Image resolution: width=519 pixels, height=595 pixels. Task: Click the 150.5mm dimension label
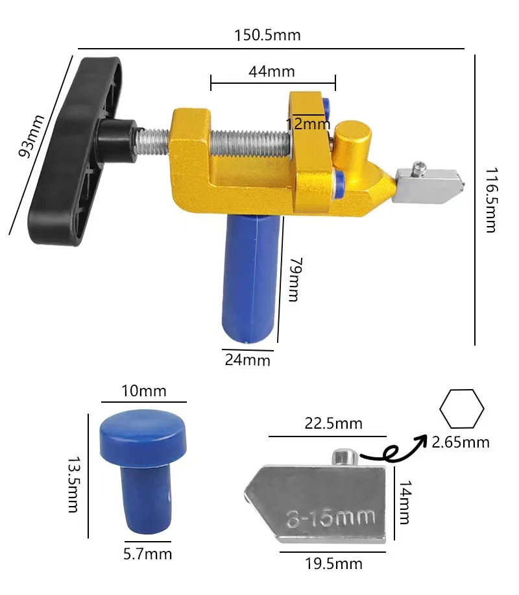click(x=267, y=35)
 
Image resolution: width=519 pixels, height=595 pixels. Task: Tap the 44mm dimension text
click(x=271, y=71)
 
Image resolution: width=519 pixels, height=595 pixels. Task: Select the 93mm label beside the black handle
click(x=31, y=136)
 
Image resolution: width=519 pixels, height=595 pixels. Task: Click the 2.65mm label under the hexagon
click(x=461, y=443)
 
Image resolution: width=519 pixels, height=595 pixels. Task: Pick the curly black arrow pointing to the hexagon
click(x=389, y=448)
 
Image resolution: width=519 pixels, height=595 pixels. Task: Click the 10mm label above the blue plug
click(x=143, y=391)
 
